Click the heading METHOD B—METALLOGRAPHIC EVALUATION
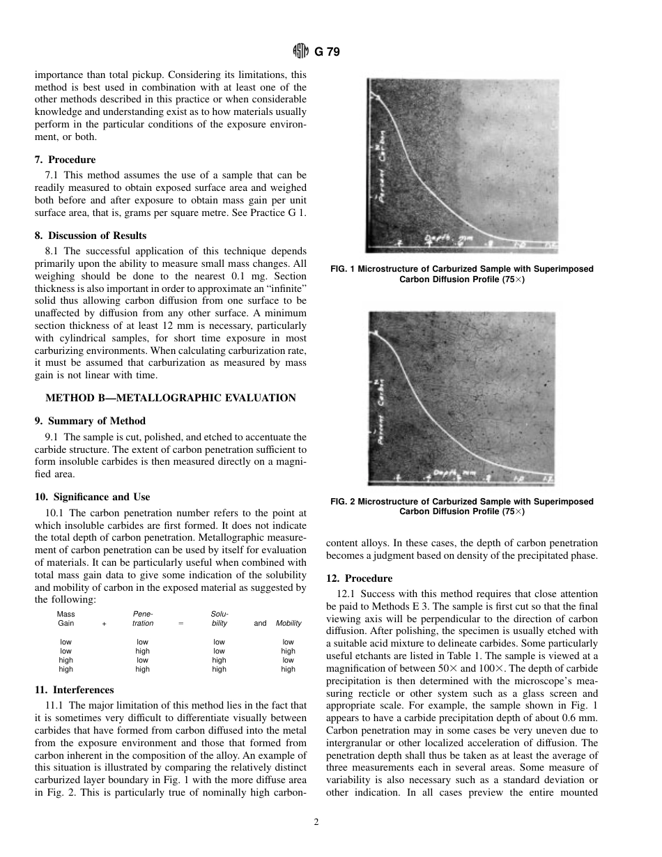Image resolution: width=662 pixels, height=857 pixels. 171,399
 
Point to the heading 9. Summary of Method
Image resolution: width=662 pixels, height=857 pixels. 90,421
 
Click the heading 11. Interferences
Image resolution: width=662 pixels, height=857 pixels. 75,690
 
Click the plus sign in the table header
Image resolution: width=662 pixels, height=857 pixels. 105,624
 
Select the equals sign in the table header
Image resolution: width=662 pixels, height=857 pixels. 180,624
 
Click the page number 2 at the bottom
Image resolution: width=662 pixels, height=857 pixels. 316,822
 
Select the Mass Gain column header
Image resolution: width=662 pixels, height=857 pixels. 66,619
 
